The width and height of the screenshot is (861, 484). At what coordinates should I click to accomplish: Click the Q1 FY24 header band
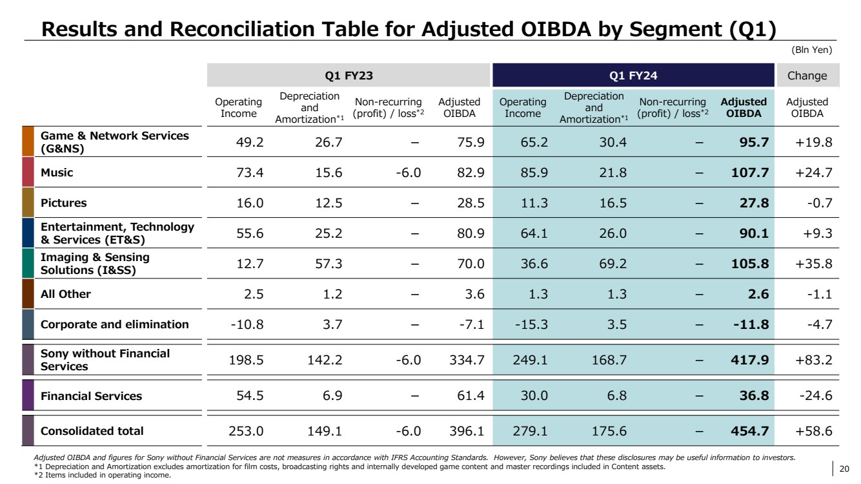tap(633, 76)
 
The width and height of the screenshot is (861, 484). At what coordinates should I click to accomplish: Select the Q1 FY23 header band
tap(349, 76)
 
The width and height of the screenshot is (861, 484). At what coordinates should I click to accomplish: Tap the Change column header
tap(807, 76)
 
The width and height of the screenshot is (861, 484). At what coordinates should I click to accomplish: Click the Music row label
tap(57, 173)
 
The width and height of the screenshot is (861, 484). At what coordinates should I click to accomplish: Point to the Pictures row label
tap(63, 203)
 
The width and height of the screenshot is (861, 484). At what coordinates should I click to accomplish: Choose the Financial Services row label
tap(91, 396)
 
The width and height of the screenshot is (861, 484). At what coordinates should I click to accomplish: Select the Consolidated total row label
tap(92, 431)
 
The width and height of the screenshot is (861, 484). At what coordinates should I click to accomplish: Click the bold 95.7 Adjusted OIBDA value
tap(754, 143)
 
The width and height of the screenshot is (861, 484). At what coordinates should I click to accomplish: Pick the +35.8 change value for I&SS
tap(815, 264)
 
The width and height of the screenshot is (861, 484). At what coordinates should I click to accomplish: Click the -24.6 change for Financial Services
tap(816, 396)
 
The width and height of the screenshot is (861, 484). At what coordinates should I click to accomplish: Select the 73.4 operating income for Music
tap(248, 173)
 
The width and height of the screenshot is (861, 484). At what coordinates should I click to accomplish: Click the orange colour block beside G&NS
tap(28, 142)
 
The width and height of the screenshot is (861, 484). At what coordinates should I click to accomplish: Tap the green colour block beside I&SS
tap(28, 264)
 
